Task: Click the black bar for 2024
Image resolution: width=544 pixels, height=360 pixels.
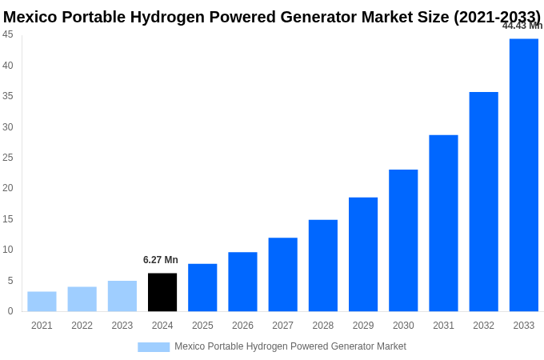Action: pyautogui.click(x=162, y=292)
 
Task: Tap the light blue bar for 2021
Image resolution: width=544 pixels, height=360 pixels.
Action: pyautogui.click(x=42, y=301)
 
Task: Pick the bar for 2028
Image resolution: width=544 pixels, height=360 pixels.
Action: pyautogui.click(x=323, y=265)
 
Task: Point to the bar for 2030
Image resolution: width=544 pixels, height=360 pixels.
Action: pyautogui.click(x=403, y=240)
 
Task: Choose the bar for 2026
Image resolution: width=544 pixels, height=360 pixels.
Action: pyautogui.click(x=242, y=282)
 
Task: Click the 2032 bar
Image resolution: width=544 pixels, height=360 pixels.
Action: pyautogui.click(x=483, y=202)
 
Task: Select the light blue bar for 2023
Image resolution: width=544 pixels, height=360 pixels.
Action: pyautogui.click(x=122, y=296)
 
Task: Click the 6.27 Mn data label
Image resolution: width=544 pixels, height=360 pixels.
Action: pyautogui.click(x=161, y=260)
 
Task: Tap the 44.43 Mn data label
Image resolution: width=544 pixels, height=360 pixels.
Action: pyautogui.click(x=522, y=26)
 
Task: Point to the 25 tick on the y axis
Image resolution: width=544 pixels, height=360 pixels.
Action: pyautogui.click(x=8, y=158)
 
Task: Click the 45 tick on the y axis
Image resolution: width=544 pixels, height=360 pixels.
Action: pyautogui.click(x=8, y=34)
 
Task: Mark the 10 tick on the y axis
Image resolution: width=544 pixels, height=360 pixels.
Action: pyautogui.click(x=8, y=250)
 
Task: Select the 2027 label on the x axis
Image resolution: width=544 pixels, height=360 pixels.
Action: pyautogui.click(x=282, y=326)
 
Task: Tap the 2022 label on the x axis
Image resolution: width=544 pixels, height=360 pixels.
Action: pyautogui.click(x=82, y=326)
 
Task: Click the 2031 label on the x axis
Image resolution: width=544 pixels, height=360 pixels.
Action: pyautogui.click(x=443, y=326)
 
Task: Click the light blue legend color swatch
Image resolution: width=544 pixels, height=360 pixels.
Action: pyautogui.click(x=154, y=347)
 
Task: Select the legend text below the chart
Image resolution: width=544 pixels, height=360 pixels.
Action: pyautogui.click(x=290, y=346)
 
